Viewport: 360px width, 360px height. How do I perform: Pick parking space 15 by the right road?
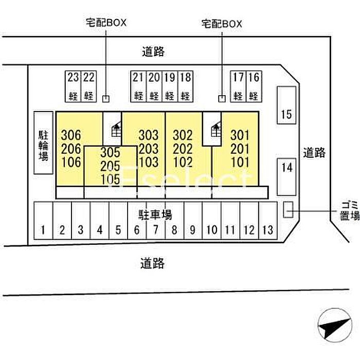(x=286, y=114)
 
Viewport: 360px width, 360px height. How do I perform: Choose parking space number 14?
(x=286, y=167)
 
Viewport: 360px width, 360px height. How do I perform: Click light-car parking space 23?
(x=73, y=86)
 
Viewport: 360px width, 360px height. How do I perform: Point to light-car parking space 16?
(x=253, y=86)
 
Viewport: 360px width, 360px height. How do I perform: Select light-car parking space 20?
(x=154, y=86)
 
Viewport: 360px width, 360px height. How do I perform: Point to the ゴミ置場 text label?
(x=349, y=210)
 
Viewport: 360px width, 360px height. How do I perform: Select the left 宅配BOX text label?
(x=105, y=23)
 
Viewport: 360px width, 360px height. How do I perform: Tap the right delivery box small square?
(x=222, y=98)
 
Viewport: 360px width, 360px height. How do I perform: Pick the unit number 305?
(x=110, y=153)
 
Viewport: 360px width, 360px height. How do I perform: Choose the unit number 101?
(x=240, y=163)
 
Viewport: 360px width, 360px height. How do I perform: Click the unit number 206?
(x=71, y=149)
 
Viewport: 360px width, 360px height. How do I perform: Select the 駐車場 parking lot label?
(x=154, y=214)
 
